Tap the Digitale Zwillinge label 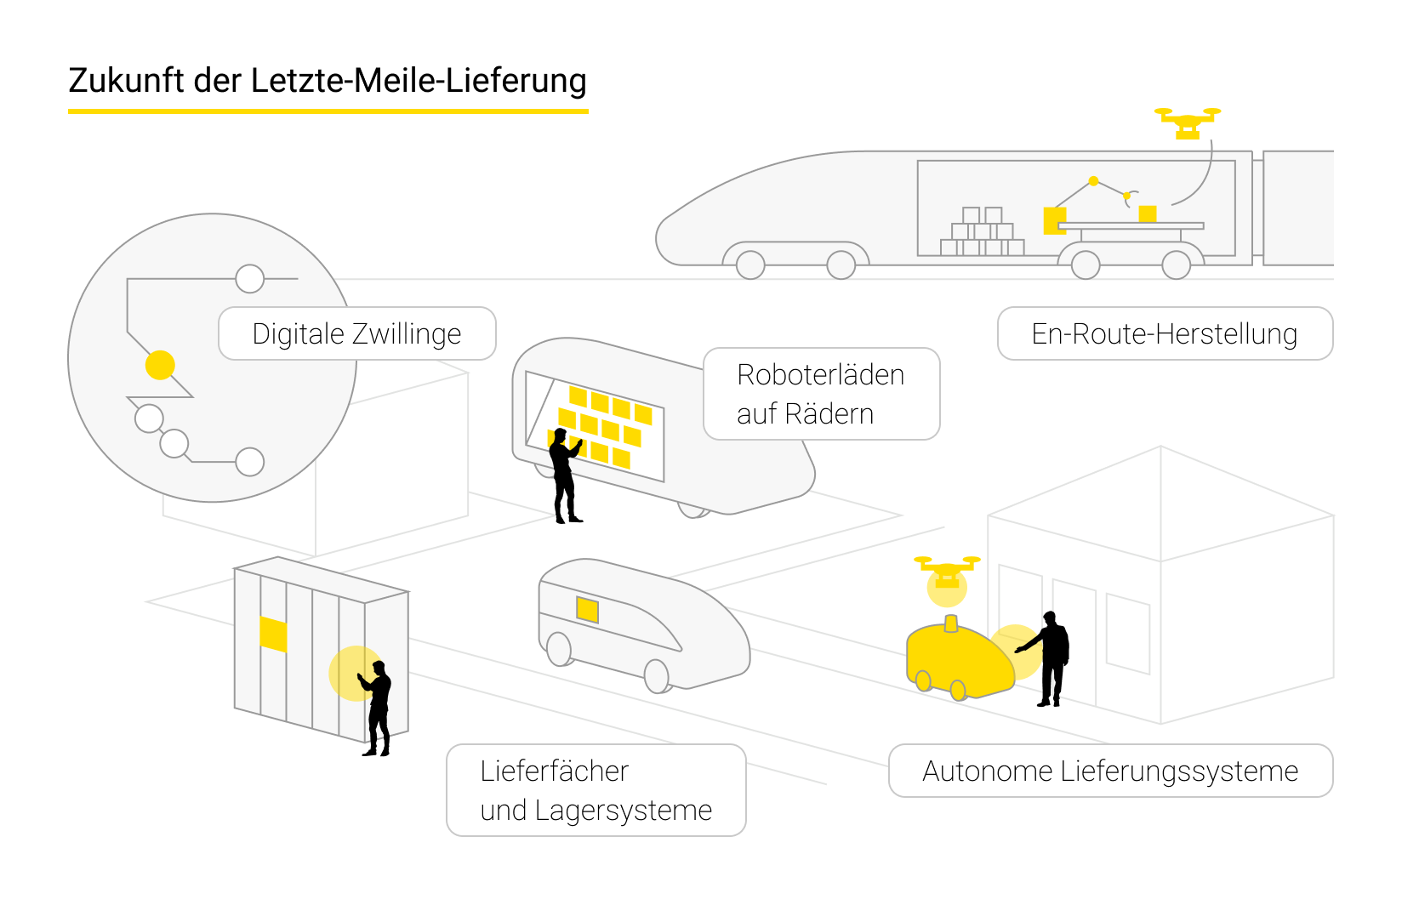356,333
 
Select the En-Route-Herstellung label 1164,333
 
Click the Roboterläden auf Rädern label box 821,394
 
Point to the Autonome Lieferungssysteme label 1109,771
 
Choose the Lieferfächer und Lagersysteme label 596,790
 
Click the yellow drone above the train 1188,122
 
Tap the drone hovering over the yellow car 947,572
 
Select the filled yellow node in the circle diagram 160,365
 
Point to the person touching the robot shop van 564,476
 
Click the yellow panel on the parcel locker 273,634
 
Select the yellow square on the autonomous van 587,609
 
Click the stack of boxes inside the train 982,233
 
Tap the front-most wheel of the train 750,265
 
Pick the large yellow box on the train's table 1054,219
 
